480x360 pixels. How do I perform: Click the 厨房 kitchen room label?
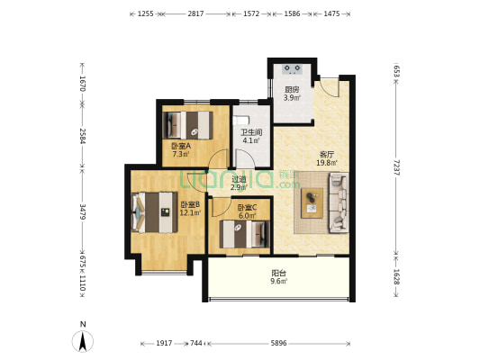(x=292, y=90)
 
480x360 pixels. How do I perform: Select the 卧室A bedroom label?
(x=181, y=146)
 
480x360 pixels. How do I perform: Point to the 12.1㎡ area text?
(x=190, y=212)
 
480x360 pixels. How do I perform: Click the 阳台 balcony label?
(x=278, y=273)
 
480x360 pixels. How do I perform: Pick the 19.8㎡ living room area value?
(x=327, y=163)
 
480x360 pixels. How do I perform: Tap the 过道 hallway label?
(x=239, y=179)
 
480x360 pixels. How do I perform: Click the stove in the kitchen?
(x=293, y=69)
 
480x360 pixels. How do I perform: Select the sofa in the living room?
(x=339, y=202)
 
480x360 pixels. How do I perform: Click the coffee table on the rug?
(x=312, y=203)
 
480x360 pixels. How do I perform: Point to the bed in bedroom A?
(x=187, y=125)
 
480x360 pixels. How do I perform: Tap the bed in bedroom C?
(x=245, y=234)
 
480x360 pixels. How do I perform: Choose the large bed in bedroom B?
(x=155, y=212)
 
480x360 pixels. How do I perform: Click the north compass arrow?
(x=83, y=341)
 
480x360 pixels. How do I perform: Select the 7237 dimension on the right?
(x=396, y=167)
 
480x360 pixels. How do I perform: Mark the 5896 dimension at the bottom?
(x=278, y=343)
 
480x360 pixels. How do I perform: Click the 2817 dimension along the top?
(x=196, y=13)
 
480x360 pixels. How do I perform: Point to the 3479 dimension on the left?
(x=82, y=211)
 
